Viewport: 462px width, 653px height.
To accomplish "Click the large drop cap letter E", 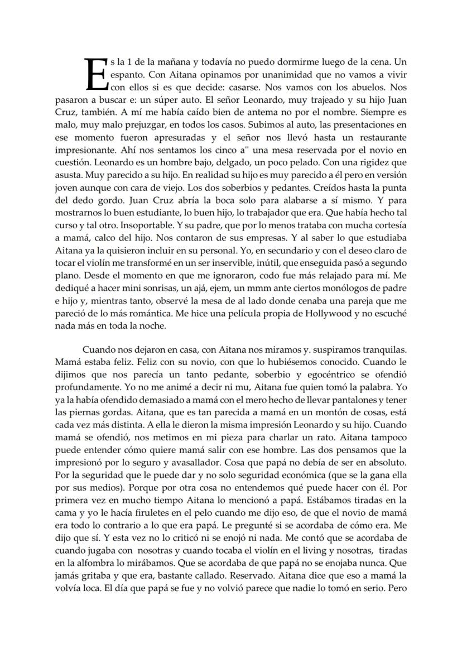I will point(93,74).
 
